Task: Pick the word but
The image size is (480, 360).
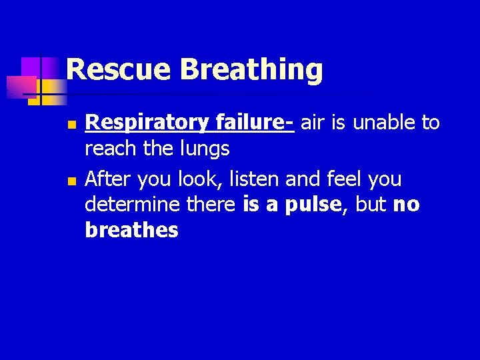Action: [x=371, y=205]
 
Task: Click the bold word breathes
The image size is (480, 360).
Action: [x=131, y=231]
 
